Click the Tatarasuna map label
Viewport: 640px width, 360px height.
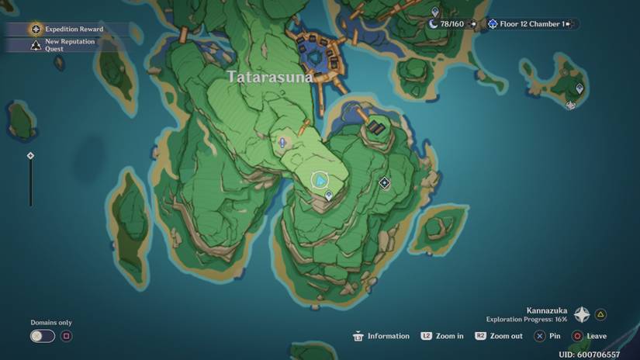[x=270, y=77]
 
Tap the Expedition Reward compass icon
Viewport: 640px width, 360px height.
[x=36, y=29]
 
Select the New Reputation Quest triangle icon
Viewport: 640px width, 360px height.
[x=36, y=46]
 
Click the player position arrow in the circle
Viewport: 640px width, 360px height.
[x=320, y=181]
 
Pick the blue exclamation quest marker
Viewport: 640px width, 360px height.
[x=282, y=142]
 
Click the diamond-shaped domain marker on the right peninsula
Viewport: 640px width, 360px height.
[x=384, y=183]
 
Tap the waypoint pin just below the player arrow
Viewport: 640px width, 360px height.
[x=329, y=196]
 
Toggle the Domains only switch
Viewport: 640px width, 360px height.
[x=43, y=336]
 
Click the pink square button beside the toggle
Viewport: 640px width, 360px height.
[x=67, y=336]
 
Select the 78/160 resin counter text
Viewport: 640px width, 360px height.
[x=452, y=24]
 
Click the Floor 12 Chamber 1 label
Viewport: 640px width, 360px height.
[x=531, y=24]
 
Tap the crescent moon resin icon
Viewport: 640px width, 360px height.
[x=433, y=24]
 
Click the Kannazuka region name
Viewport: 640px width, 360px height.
[x=547, y=310]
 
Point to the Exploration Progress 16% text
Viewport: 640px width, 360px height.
[x=527, y=320]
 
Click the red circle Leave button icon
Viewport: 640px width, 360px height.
[x=576, y=336]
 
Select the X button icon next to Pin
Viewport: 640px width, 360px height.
[x=539, y=336]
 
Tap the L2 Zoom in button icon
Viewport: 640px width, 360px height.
[x=427, y=336]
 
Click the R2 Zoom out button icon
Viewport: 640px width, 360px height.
[x=481, y=336]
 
